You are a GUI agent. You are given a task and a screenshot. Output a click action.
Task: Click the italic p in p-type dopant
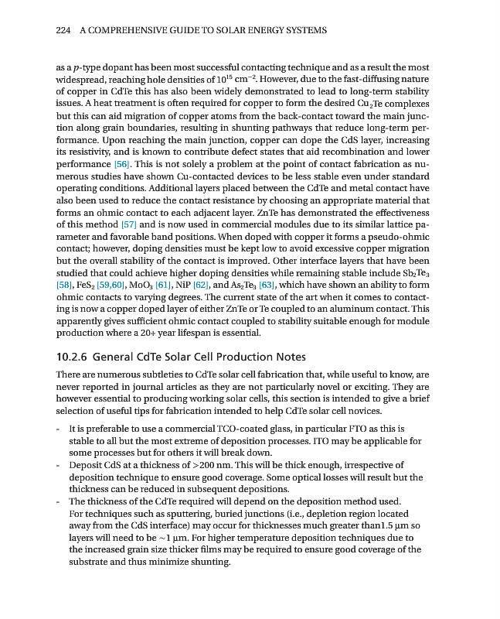click(72, 69)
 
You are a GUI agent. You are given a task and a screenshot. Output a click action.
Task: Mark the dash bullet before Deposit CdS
click(60, 465)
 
